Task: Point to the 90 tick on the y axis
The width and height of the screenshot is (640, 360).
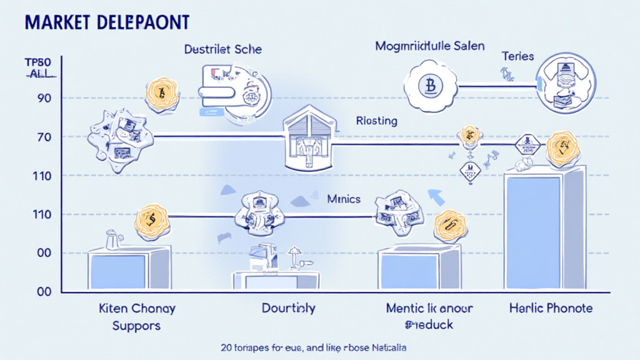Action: click(x=35, y=98)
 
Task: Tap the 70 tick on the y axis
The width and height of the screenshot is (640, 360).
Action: click(x=35, y=137)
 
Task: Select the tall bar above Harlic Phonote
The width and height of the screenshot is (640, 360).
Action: click(x=544, y=231)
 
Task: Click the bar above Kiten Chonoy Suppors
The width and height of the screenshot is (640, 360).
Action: click(x=129, y=269)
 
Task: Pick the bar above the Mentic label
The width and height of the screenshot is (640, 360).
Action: click(x=419, y=269)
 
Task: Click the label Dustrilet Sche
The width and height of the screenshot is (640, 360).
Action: click(x=223, y=49)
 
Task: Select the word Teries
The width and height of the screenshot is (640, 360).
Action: click(x=517, y=56)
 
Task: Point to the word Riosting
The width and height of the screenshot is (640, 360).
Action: click(x=376, y=121)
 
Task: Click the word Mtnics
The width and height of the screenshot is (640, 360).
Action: click(x=344, y=200)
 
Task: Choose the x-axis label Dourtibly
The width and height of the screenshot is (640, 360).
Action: click(x=288, y=308)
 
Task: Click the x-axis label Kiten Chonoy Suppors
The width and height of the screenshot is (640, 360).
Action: click(x=137, y=317)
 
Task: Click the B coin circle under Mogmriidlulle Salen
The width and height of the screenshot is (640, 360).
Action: click(x=429, y=85)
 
